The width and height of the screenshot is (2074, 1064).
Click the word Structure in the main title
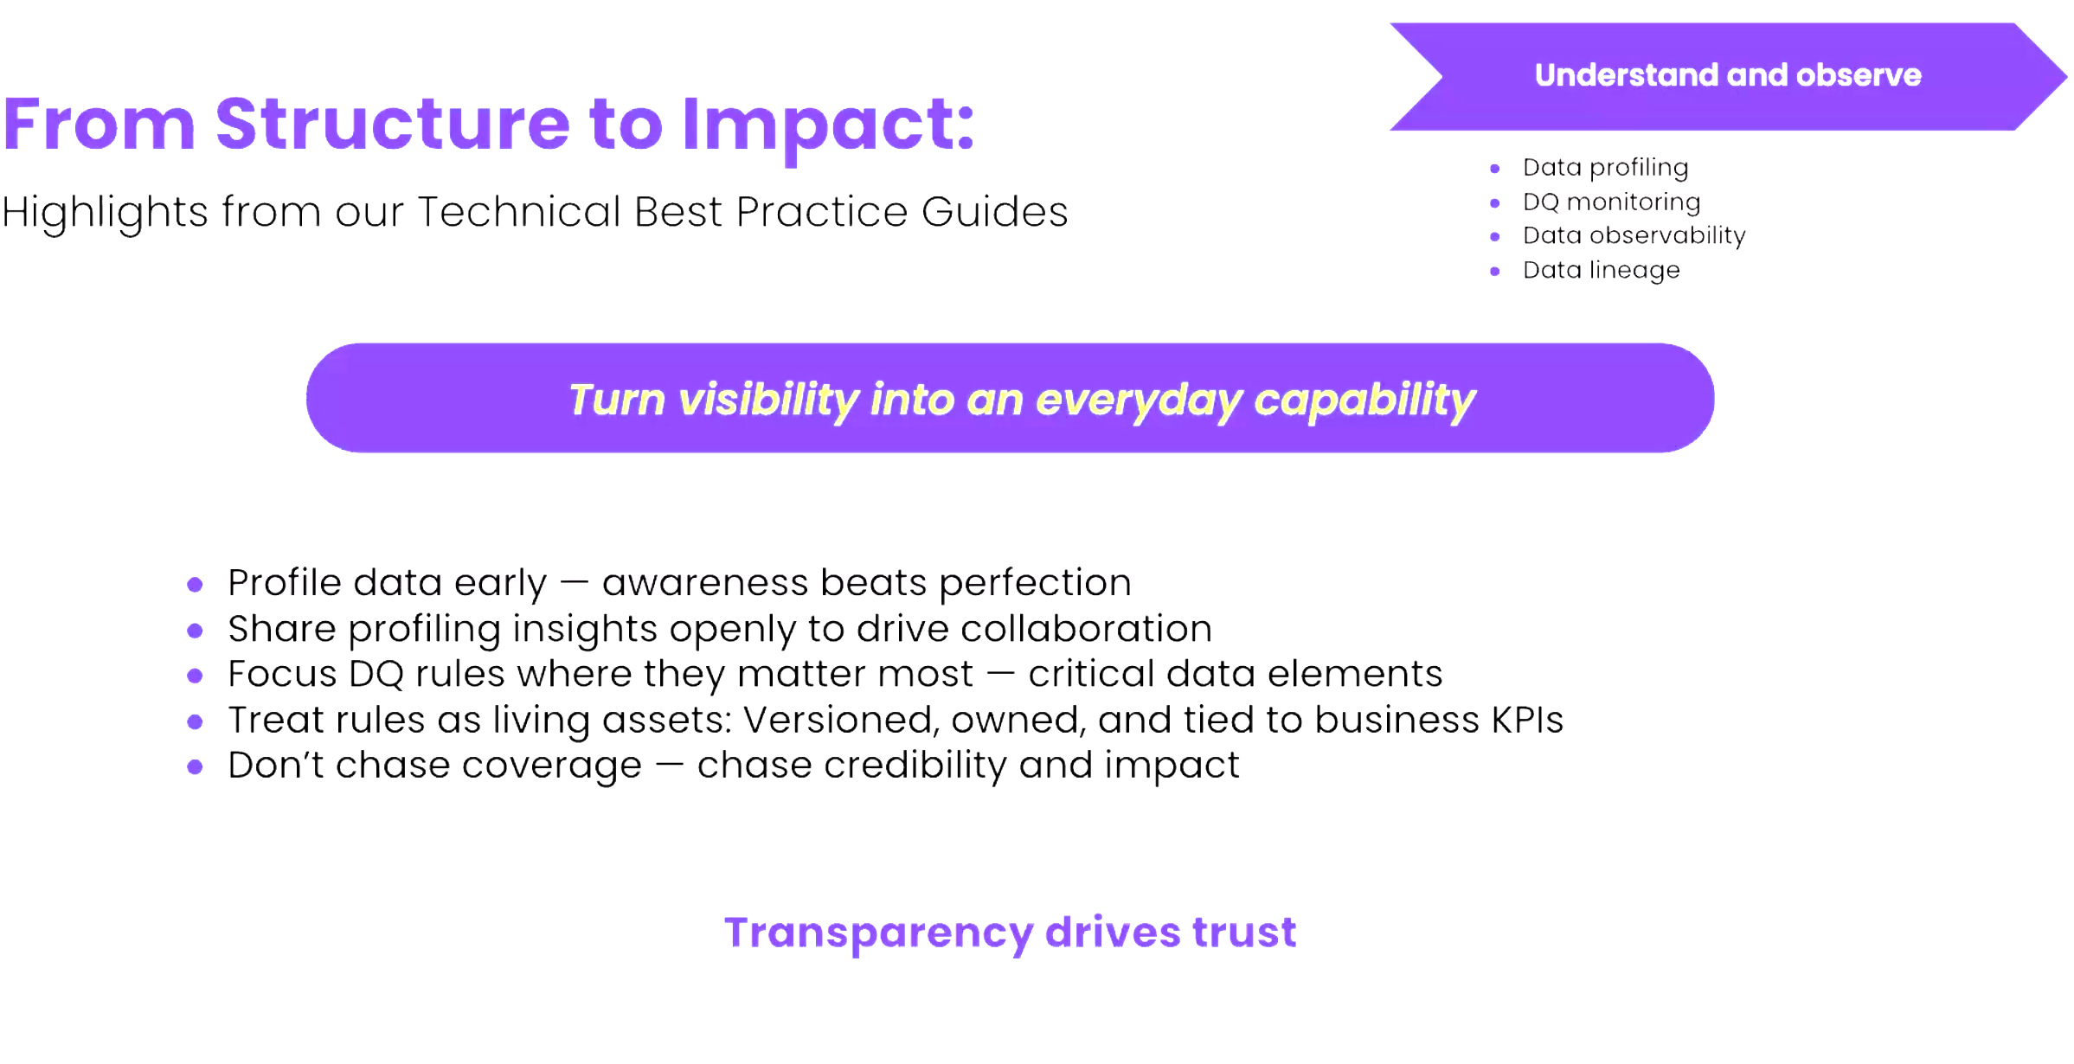click(393, 124)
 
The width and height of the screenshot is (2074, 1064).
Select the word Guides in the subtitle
click(994, 211)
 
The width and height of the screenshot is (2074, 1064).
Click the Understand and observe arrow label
click(1728, 75)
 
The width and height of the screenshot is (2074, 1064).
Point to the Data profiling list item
click(1605, 168)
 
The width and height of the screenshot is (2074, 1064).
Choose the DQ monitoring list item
click(1611, 202)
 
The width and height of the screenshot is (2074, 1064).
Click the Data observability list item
click(1634, 235)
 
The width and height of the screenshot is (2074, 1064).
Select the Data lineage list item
click(1601, 271)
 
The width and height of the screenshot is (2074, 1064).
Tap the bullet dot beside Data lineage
click(1494, 272)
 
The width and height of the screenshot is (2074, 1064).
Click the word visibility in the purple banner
click(768, 401)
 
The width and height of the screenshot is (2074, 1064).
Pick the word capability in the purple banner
click(1365, 401)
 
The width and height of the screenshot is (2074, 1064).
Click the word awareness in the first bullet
click(705, 583)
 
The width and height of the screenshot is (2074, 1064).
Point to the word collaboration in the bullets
click(1086, 629)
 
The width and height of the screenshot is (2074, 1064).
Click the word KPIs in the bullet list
click(1527, 720)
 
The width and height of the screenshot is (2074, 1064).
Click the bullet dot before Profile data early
click(195, 585)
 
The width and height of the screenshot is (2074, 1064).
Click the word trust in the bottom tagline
click(1244, 933)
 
